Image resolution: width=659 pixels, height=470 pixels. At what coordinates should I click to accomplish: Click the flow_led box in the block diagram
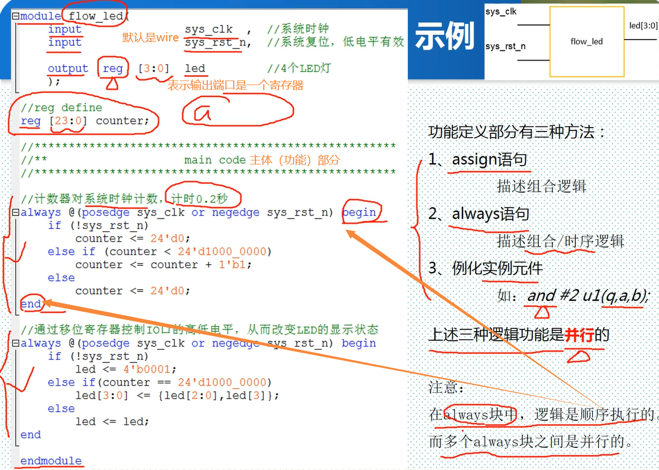[x=587, y=41]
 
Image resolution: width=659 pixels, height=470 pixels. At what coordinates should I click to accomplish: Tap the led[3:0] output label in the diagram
[x=643, y=26]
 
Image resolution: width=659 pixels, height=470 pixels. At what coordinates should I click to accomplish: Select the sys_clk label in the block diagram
[x=501, y=11]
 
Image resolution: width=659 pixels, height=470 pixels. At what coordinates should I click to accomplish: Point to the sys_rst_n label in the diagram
[x=505, y=46]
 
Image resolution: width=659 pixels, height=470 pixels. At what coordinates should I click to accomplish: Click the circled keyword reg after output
[x=113, y=69]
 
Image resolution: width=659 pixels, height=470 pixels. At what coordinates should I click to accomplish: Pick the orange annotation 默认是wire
[x=151, y=38]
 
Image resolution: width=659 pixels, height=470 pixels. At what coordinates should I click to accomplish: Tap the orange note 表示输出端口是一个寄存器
[x=236, y=85]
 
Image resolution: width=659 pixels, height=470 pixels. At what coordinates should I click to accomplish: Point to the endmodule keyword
[x=51, y=461]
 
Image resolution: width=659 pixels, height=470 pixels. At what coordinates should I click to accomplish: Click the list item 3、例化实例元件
[x=485, y=268]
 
